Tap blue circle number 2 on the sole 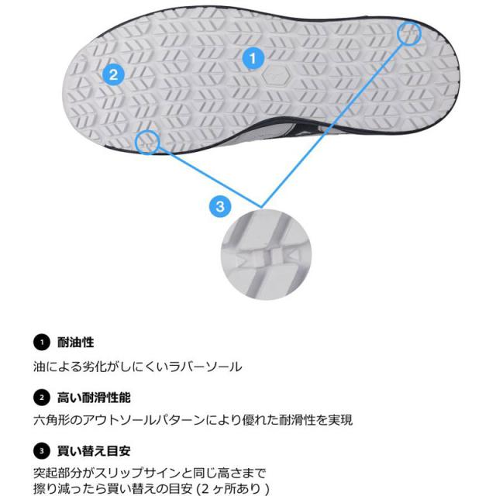pos(113,74)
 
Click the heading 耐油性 pos(75,341)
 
